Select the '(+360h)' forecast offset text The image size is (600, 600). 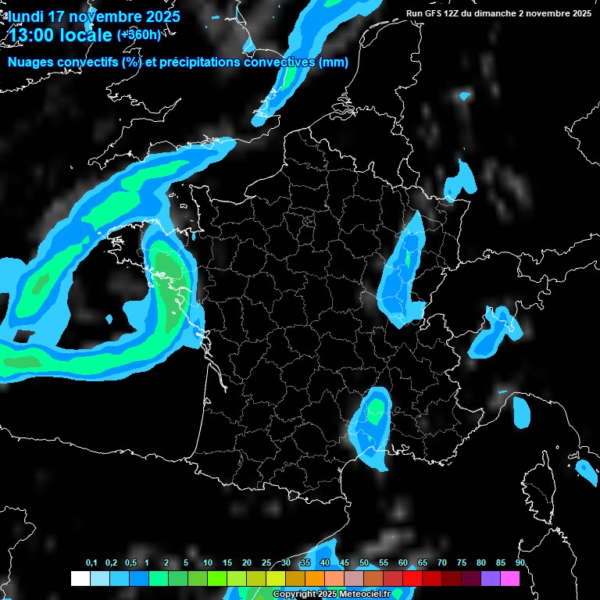pyautogui.click(x=138, y=34)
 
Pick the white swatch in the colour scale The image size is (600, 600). pyautogui.click(x=80, y=578)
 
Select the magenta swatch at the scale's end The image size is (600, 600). pyautogui.click(x=510, y=578)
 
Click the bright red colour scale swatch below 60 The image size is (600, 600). pyautogui.click(x=412, y=578)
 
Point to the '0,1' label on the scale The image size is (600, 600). pyautogui.click(x=91, y=563)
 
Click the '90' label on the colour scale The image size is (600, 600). pyautogui.click(x=520, y=563)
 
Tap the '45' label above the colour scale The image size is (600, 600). pyautogui.click(x=345, y=563)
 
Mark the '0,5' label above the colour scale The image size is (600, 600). pyautogui.click(x=130, y=563)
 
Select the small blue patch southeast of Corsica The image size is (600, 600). pyautogui.click(x=585, y=469)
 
